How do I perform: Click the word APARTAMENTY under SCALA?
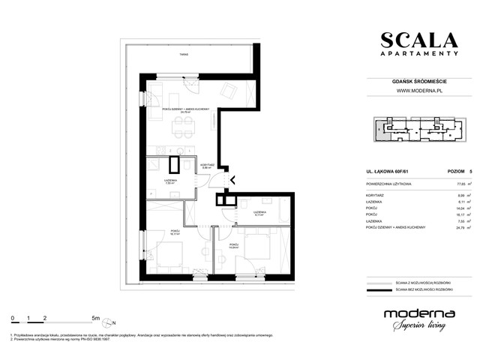click(x=418, y=54)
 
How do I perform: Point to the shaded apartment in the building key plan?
click(x=384, y=131)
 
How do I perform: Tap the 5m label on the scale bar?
click(x=95, y=318)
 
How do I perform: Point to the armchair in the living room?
click(x=232, y=92)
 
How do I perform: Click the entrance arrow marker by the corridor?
click(x=230, y=179)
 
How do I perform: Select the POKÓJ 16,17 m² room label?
click(x=174, y=232)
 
